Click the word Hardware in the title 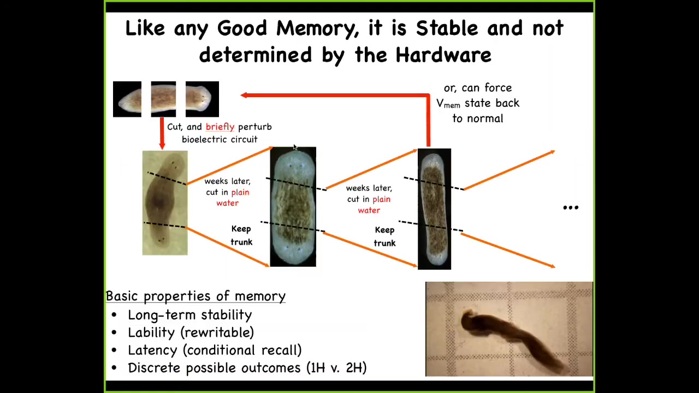pyautogui.click(x=443, y=55)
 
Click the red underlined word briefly pyautogui.click(x=220, y=127)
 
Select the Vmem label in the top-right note pyautogui.click(x=448, y=104)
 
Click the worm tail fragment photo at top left pyautogui.click(x=127, y=99)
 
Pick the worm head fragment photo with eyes pyautogui.click(x=202, y=99)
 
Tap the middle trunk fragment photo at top pyautogui.click(x=163, y=99)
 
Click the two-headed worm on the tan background pyautogui.click(x=165, y=203)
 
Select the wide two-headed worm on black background pyautogui.click(x=293, y=206)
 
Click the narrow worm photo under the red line pyautogui.click(x=434, y=209)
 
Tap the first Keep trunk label pyautogui.click(x=241, y=235)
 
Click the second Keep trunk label pyautogui.click(x=384, y=236)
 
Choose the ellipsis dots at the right pyautogui.click(x=571, y=207)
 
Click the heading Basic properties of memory pyautogui.click(x=196, y=296)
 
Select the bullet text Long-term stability pyautogui.click(x=189, y=315)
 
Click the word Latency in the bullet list pyautogui.click(x=152, y=350)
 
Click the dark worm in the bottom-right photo pyautogui.click(x=506, y=335)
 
